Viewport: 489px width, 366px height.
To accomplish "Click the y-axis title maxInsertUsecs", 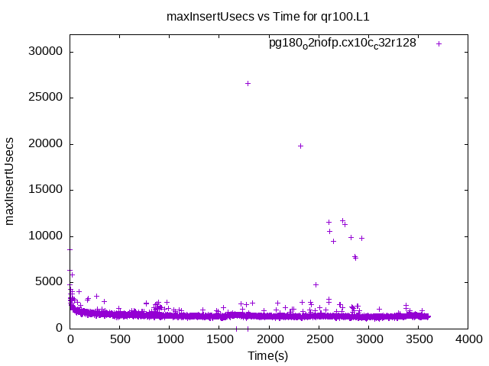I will point(10,181).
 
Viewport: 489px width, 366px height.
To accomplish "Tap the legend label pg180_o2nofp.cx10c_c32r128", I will point(342,43).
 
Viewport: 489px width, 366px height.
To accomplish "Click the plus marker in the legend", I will point(439,43).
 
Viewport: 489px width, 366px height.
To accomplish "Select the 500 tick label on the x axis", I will point(120,339).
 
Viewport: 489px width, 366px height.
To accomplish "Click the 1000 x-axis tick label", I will point(170,339).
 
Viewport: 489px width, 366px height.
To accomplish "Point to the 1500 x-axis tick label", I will point(219,339).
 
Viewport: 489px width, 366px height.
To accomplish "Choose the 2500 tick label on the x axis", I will point(319,339).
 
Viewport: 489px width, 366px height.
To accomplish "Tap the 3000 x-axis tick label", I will point(368,339).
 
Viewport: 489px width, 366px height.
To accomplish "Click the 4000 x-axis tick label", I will point(468,339).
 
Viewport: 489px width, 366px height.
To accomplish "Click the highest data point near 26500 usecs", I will point(248,83).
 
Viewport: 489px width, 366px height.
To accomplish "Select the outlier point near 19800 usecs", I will point(300,146).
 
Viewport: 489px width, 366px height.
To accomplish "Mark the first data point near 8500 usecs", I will point(70,249).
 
